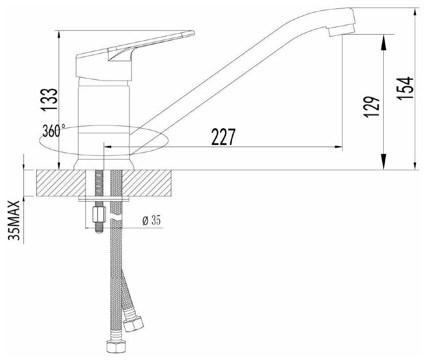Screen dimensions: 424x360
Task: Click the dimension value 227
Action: point(223,137)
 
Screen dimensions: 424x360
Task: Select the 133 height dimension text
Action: point(49,100)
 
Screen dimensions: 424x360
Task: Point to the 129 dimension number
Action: point(372,107)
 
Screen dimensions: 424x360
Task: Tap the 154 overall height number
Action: point(405,88)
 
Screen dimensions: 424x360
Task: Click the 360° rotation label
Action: point(54,131)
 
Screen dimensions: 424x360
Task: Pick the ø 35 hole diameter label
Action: point(152,221)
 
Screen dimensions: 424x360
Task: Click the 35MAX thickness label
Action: point(14,220)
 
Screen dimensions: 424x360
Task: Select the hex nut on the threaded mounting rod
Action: point(98,215)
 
